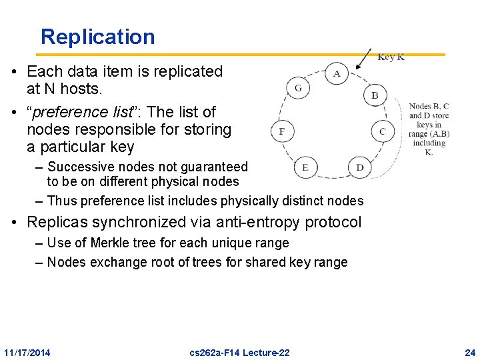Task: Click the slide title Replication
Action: pos(97,37)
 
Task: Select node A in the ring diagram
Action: pos(337,73)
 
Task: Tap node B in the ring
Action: pos(375,95)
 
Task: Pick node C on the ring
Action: pos(382,131)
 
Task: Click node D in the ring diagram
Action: pos(359,167)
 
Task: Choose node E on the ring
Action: pos(305,167)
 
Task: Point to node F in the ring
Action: pos(281,131)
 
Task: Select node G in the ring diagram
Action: pos(297,88)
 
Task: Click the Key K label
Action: pos(391,57)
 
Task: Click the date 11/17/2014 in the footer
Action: pos(27,352)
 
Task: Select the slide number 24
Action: pos(470,352)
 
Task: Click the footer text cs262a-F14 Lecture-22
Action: pos(240,352)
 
